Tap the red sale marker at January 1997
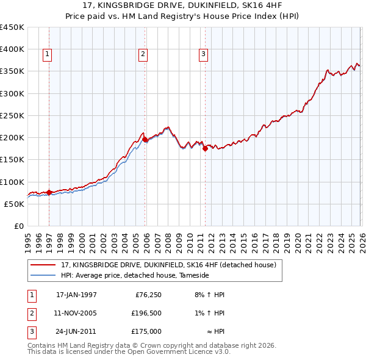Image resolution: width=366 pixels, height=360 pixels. pyautogui.click(x=49, y=192)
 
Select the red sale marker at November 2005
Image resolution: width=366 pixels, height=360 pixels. pyautogui.click(x=145, y=139)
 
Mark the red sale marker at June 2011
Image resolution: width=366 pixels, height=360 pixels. pyautogui.click(x=205, y=148)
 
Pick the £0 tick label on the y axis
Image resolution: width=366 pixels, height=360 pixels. pyautogui.click(x=18, y=226)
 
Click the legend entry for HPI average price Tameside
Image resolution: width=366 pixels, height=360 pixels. pyautogui.click(x=135, y=275)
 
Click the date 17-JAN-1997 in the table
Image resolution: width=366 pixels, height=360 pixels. pyautogui.click(x=76, y=295)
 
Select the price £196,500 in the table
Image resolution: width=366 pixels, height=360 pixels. pyautogui.click(x=146, y=313)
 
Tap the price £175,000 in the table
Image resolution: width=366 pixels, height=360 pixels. pyautogui.click(x=146, y=331)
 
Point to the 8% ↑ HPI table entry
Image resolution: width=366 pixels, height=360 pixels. pyautogui.click(x=209, y=295)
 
